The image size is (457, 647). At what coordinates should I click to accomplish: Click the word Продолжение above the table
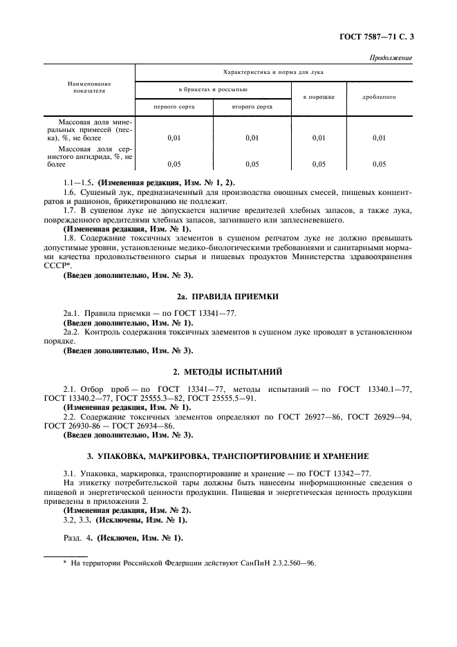(391, 58)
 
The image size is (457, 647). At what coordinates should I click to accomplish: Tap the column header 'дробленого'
(379, 97)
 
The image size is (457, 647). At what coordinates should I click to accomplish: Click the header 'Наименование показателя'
(90, 86)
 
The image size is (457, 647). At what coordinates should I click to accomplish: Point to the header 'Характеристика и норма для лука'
(273, 71)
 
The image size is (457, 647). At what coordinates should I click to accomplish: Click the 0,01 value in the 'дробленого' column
(379, 138)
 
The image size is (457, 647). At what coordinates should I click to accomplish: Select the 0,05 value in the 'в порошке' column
(318, 165)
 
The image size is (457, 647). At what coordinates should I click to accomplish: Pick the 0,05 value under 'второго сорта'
(252, 165)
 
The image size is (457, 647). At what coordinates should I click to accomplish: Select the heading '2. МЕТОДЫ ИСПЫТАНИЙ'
(227, 372)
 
